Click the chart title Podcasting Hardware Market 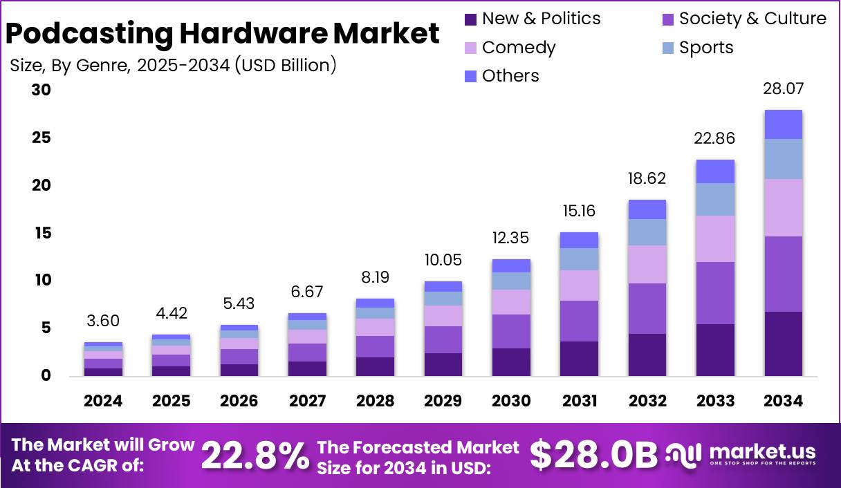223,32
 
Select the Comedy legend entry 519,48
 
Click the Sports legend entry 705,48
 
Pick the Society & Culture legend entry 752,19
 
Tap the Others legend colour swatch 470,76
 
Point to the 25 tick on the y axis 41,138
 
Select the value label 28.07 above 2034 783,88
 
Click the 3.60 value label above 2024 104,321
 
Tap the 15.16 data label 579,210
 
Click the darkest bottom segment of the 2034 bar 783,344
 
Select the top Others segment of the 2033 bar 715,171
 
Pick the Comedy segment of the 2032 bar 647,264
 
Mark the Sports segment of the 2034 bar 783,159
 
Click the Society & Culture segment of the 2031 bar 579,321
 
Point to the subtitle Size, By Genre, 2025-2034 173,66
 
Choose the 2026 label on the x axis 239,401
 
